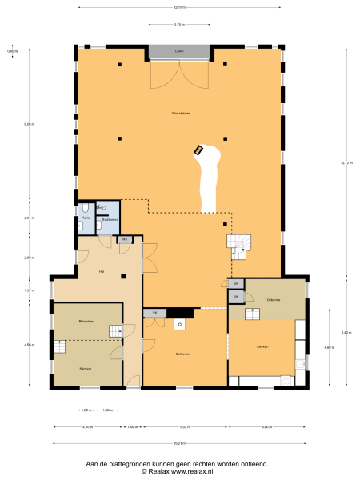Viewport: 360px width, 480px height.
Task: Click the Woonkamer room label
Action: click(180, 114)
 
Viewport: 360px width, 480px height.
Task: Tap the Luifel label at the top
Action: click(179, 50)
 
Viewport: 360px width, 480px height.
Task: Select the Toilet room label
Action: click(85, 217)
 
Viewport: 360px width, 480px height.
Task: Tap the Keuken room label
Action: click(262, 346)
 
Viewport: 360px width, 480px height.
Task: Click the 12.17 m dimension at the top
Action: click(179, 8)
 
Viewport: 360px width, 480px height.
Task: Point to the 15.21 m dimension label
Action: click(179, 442)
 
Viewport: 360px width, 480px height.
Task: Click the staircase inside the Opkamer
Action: click(253, 314)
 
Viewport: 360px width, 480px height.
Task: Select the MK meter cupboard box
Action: click(125, 239)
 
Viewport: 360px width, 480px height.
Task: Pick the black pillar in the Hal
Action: click(124, 276)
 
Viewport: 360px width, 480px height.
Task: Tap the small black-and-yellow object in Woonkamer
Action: click(198, 149)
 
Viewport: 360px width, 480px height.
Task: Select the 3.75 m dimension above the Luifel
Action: click(179, 25)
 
